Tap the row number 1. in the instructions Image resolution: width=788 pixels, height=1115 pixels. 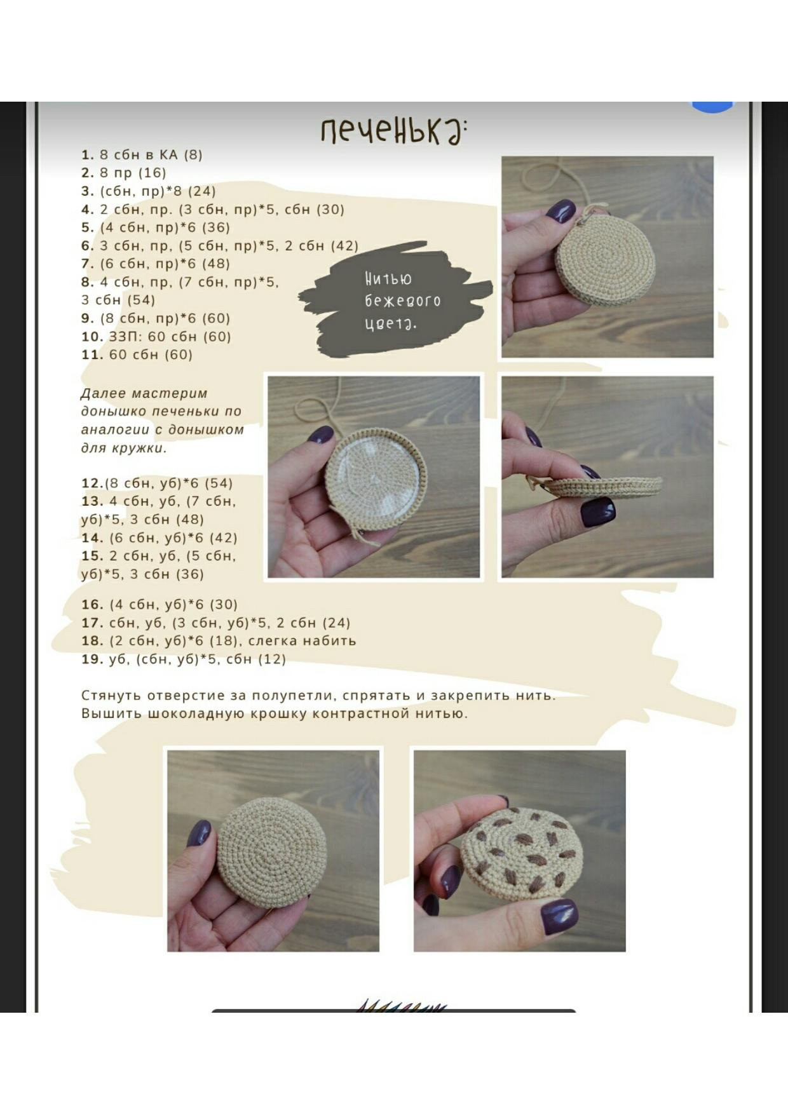(x=88, y=154)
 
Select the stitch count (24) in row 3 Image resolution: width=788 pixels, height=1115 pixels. (x=201, y=191)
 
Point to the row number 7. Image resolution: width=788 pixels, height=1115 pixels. (x=88, y=264)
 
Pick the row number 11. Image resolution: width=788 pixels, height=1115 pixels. (x=92, y=355)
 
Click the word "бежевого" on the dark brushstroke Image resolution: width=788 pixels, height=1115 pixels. (x=403, y=301)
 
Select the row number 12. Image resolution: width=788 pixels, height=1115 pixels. (x=92, y=483)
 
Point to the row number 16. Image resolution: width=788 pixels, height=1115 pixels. (x=92, y=604)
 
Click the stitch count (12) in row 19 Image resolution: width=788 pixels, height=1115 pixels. (x=272, y=659)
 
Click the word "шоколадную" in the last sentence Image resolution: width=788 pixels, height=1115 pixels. (x=196, y=714)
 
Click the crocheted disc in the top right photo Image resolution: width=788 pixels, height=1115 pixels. (x=605, y=259)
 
